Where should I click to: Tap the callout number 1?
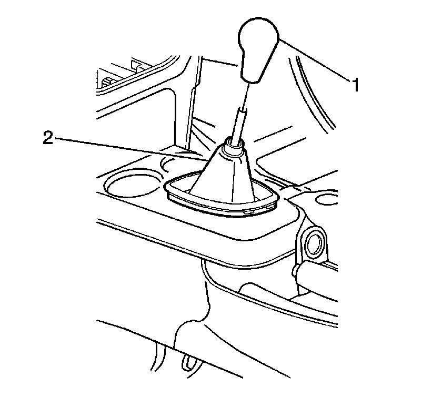coord(356,85)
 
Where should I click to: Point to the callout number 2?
coord(48,138)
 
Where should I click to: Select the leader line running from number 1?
coord(315,60)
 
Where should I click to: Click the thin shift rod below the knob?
coord(246,96)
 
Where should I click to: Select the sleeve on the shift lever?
coord(239,124)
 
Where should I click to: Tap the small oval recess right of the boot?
coord(327,199)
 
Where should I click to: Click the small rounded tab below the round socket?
coord(295,270)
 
